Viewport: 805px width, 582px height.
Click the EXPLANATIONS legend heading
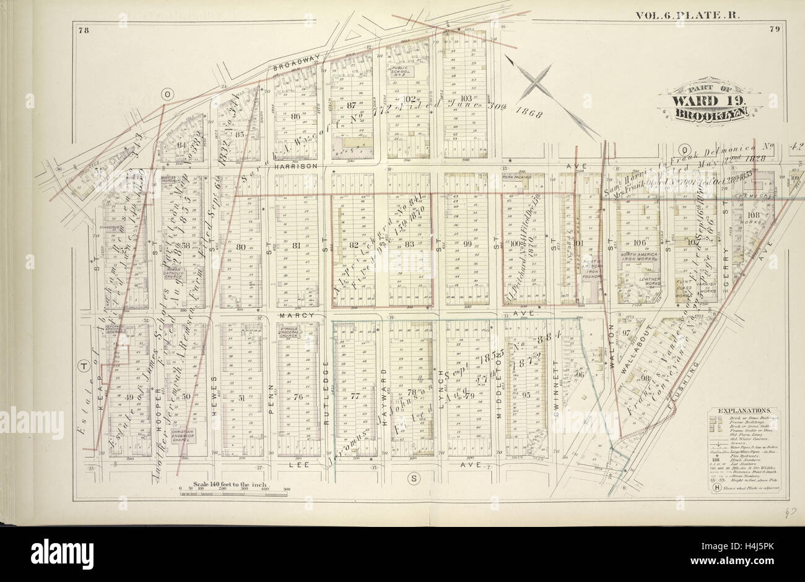743,410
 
